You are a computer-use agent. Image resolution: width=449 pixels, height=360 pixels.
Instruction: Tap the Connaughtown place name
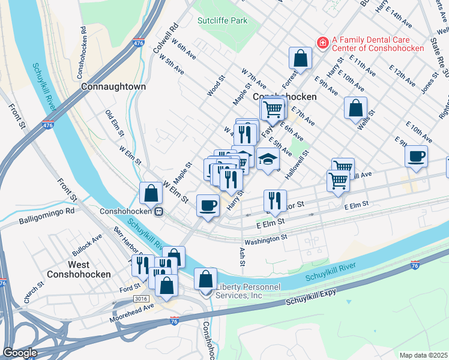pos(113,86)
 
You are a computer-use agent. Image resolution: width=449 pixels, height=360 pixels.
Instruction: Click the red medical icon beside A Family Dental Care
pos(322,43)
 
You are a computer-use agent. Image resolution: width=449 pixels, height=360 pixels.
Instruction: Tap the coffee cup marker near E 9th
pos(415,157)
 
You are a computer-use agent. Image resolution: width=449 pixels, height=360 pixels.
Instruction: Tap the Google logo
pos(20,352)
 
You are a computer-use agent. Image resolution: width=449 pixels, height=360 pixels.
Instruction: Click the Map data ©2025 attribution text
pos(423,355)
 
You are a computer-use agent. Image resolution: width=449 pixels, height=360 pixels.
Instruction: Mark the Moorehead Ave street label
pos(131,313)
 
